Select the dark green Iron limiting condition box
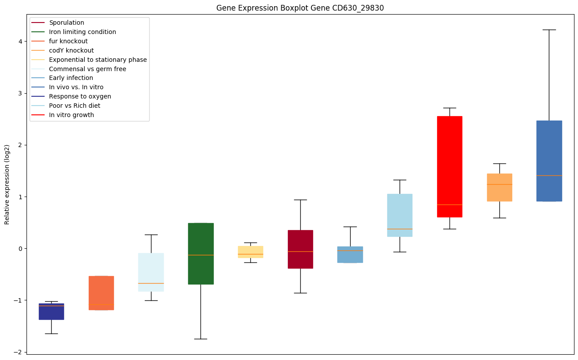coord(200,254)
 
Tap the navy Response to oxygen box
coord(51,311)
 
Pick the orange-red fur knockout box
coord(101,293)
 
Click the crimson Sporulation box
coord(300,249)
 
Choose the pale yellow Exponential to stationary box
coord(250,252)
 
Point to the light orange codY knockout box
coord(499,187)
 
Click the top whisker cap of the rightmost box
coord(549,30)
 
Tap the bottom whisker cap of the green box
coord(200,339)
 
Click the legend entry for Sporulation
coord(67,23)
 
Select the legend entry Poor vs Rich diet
coord(75,106)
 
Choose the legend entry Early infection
coord(71,78)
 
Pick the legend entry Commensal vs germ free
coord(87,69)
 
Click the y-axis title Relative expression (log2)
coord(7,184)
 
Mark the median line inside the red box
coord(450,205)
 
